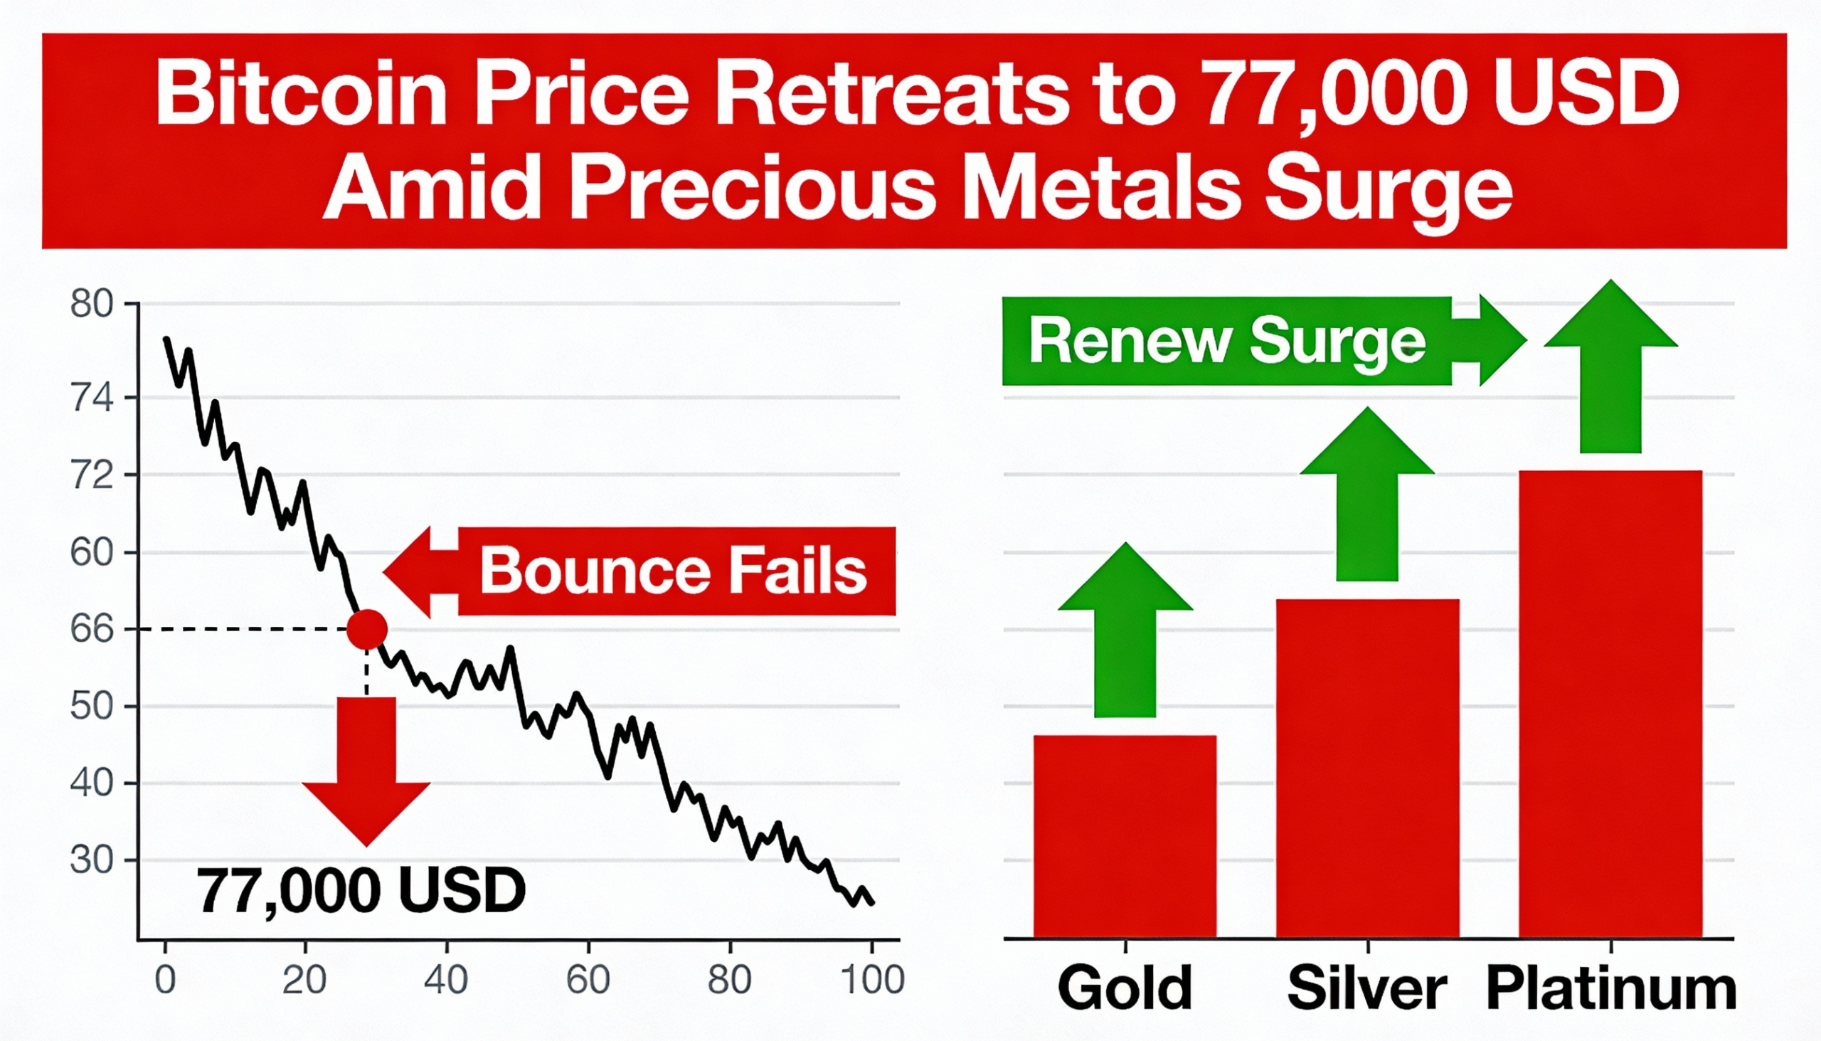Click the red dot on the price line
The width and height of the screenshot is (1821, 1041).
click(366, 629)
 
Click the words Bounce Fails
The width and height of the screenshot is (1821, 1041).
click(672, 571)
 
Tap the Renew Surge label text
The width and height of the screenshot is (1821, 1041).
click(1226, 341)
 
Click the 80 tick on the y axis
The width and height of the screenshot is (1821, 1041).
click(92, 305)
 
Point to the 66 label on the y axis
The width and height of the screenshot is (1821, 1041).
click(92, 630)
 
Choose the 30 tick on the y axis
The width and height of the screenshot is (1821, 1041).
click(92, 860)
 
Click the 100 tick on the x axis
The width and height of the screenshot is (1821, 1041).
click(872, 981)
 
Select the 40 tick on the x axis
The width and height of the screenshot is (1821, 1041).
click(446, 981)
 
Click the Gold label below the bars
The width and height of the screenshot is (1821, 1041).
click(1124, 989)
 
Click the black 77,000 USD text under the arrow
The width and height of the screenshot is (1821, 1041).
click(361, 891)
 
